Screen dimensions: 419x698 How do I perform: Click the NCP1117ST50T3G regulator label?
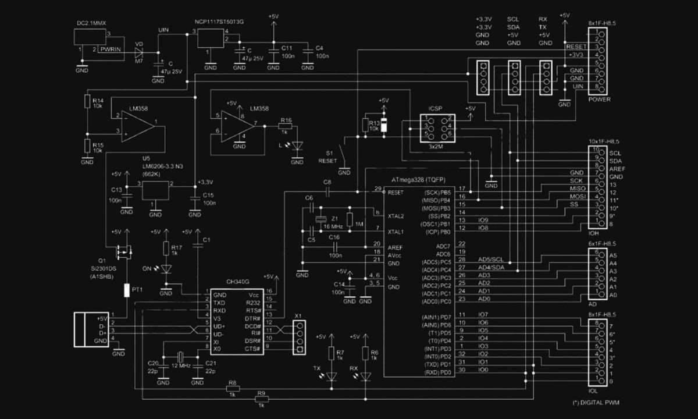coord(219,22)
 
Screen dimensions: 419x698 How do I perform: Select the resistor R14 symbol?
coord(87,103)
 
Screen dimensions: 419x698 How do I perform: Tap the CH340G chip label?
coord(222,282)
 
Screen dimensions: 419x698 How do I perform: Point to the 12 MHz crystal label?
coord(181,365)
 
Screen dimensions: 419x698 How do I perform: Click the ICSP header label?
coord(436,108)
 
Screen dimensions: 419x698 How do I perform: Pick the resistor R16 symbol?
coord(286,126)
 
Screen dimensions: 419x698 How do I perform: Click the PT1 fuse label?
coord(137,289)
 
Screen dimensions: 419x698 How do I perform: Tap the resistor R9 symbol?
coord(261,400)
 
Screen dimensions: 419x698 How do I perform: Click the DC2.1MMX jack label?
coord(91,23)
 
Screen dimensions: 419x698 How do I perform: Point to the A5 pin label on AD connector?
coord(613,255)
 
